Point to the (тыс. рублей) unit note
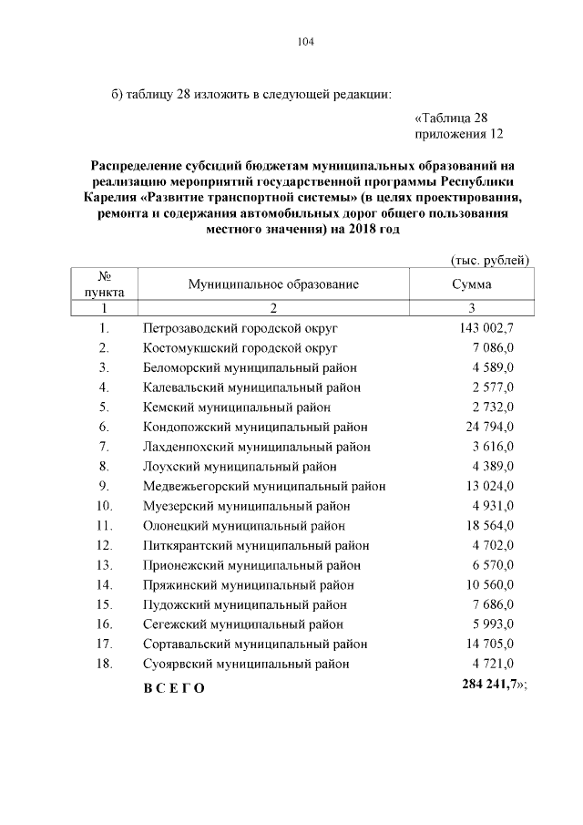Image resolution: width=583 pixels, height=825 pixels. [490, 260]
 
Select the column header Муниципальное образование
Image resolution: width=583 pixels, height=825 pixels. [273, 284]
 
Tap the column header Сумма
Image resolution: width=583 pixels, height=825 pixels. [472, 284]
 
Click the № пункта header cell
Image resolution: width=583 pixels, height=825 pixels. [105, 284]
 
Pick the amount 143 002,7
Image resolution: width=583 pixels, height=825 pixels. [486, 327]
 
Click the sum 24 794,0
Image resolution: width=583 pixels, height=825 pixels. [490, 427]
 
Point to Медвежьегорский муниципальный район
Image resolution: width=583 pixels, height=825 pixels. [264, 486]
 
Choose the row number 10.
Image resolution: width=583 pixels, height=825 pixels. [104, 506]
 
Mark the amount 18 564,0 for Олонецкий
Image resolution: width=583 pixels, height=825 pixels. [490, 525]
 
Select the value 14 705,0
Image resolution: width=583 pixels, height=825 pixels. [490, 645]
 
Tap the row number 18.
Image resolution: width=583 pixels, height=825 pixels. [104, 664]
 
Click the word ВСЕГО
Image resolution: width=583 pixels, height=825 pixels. [174, 687]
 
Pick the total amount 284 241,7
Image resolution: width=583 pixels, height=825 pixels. [488, 686]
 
